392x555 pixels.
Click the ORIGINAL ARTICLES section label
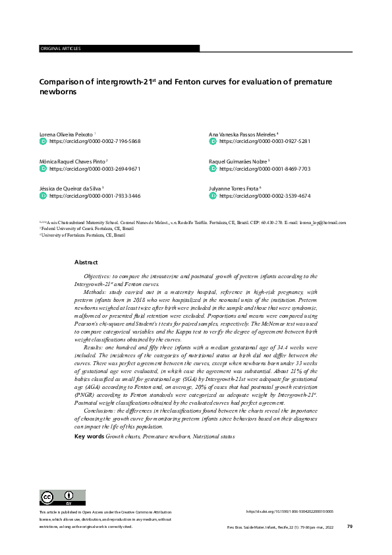(61, 49)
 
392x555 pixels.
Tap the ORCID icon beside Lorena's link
(43, 142)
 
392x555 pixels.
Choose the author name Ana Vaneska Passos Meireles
(242, 134)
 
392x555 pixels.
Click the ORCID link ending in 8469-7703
(264, 169)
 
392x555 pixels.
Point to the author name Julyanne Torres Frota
(237, 189)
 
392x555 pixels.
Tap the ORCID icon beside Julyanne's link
(213, 196)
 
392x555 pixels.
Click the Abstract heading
(86, 262)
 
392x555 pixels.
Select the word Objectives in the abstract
(99, 276)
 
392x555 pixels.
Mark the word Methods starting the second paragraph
(96, 291)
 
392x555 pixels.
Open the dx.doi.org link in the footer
(289, 511)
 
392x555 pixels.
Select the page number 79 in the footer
(350, 527)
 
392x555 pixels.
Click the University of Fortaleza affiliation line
(83, 234)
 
